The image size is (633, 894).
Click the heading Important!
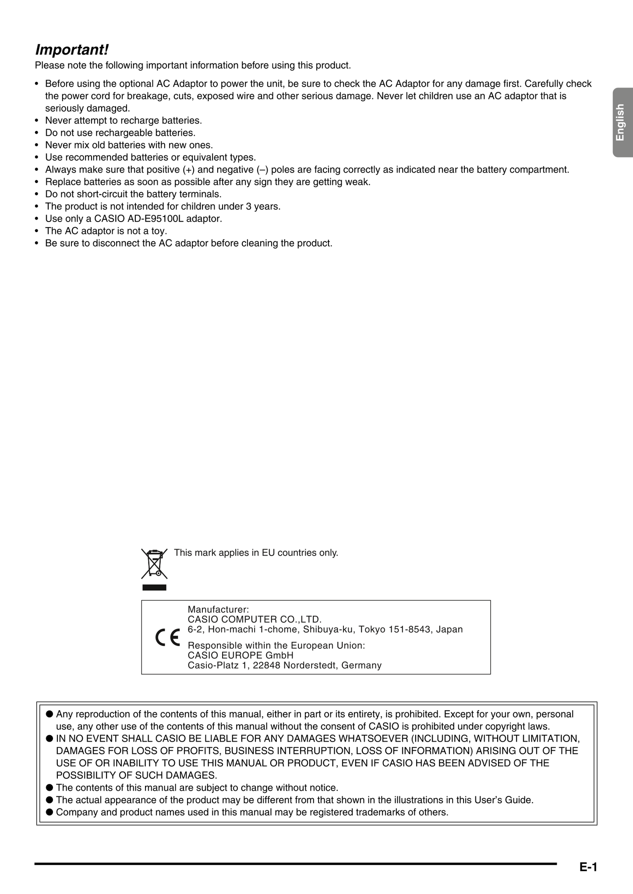(72, 50)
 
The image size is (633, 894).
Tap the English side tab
(620, 123)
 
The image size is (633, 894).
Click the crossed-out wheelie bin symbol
(154, 564)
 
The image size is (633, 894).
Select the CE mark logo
(167, 638)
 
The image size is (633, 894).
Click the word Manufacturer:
(218, 609)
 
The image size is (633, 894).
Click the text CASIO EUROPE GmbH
(240, 655)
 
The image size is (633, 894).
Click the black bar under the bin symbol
(154, 588)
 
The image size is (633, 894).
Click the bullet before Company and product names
(50, 812)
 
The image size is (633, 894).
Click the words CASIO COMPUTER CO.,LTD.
(255, 619)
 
